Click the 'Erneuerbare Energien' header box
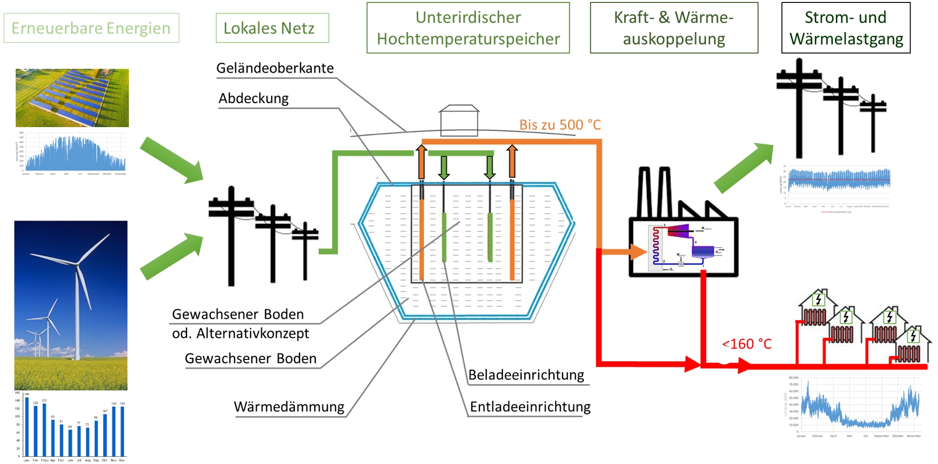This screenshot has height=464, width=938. [91, 28]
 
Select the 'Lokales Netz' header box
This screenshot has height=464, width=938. [272, 28]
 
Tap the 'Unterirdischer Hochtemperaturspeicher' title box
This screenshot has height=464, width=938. [468, 28]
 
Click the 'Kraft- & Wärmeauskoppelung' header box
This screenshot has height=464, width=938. [674, 28]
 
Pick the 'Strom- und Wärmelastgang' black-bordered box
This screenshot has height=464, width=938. [846, 28]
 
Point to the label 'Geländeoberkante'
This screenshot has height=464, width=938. [275, 68]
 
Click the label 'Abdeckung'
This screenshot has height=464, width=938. [254, 98]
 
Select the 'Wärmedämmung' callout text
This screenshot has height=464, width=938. [289, 407]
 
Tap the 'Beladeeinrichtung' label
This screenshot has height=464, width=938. [526, 375]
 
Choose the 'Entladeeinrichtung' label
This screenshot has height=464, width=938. [530, 407]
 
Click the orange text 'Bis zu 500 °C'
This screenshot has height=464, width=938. [560, 125]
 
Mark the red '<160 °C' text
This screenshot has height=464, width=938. [746, 344]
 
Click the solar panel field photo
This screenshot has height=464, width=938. [72, 98]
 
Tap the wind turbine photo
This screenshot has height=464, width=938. [71, 305]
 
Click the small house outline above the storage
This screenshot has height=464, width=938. [459, 120]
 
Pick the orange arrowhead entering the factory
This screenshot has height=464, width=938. [638, 252]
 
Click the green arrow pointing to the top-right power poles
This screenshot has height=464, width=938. [744, 167]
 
